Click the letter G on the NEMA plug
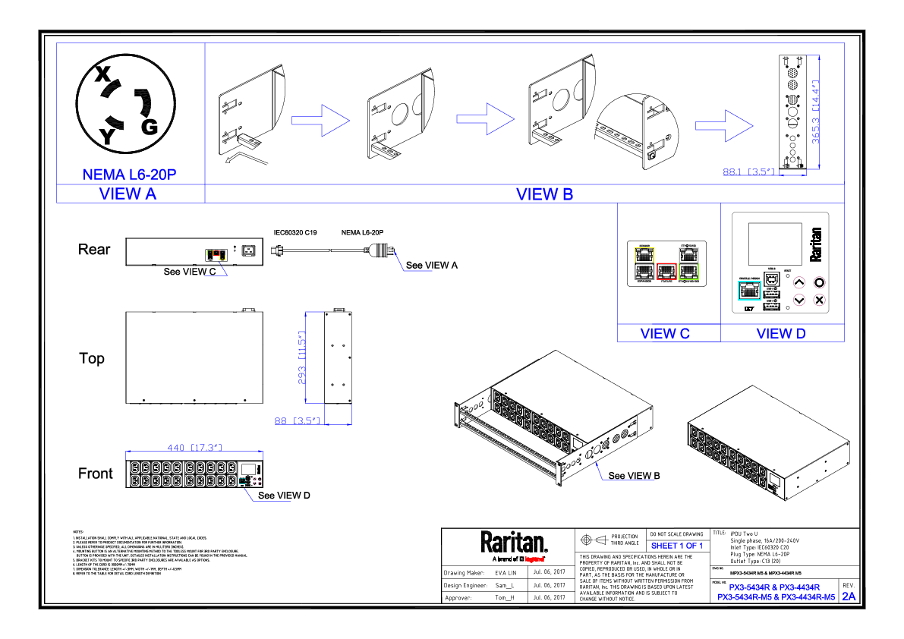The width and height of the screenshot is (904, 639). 150,127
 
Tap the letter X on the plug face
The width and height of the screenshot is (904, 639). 102,74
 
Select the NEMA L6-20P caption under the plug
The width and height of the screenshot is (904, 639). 129,175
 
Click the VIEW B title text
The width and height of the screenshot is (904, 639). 544,194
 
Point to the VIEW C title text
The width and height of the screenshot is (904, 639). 665,333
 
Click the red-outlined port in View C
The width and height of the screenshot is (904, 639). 666,271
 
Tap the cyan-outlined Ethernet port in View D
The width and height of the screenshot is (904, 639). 748,290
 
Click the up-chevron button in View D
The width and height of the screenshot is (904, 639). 799,282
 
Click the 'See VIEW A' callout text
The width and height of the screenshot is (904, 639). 432,265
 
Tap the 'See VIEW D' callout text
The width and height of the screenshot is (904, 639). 284,496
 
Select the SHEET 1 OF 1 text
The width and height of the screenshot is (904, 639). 677,546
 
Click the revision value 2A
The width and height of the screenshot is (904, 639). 849,597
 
